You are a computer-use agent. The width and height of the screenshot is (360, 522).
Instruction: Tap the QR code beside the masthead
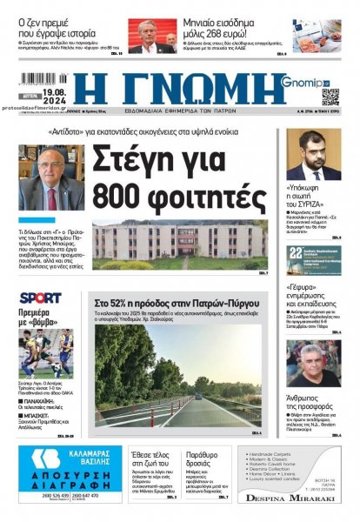(x=330, y=96)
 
